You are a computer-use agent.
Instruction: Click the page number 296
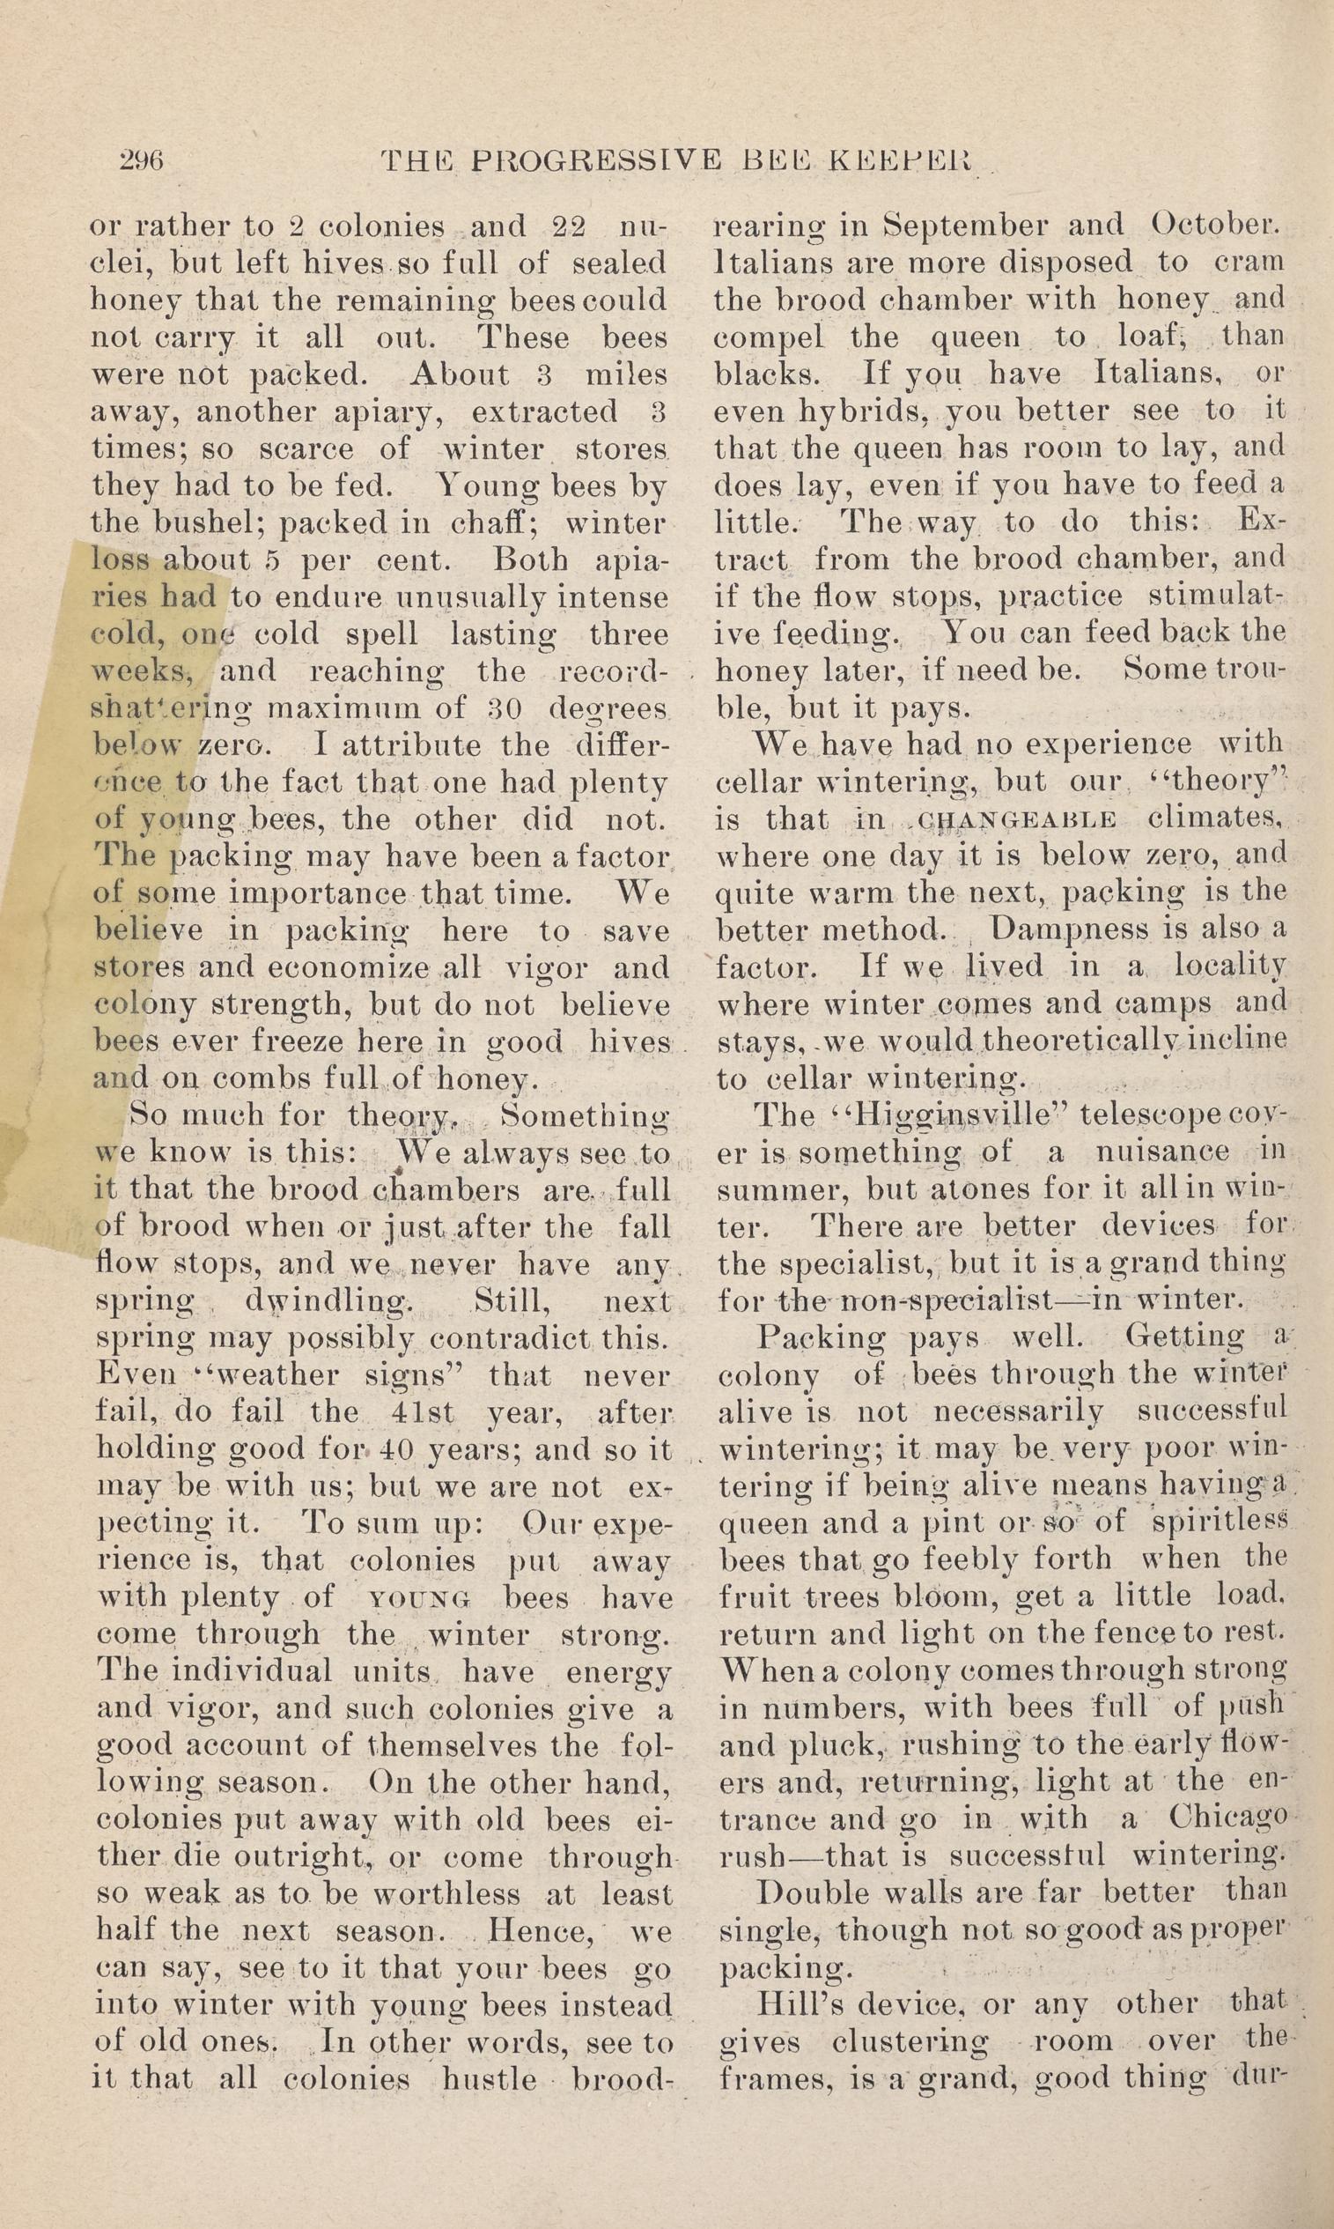(141, 161)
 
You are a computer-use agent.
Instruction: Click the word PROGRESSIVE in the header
(596, 161)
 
